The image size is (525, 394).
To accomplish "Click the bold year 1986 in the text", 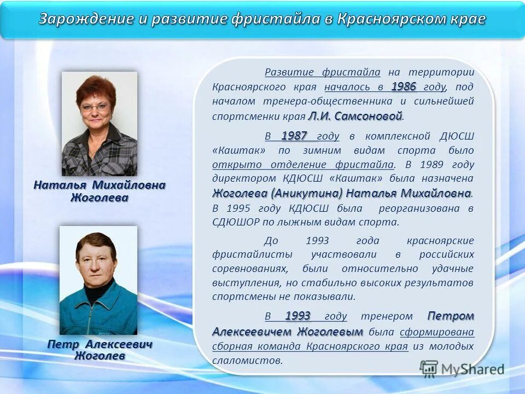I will pyautogui.click(x=404, y=86).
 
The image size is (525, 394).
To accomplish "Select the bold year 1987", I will pyautogui.click(x=294, y=136).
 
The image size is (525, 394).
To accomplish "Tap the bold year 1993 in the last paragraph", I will pyautogui.click(x=297, y=316).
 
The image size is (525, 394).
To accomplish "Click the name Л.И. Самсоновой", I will pyautogui.click(x=355, y=116).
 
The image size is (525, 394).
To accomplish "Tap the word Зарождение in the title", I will pyautogui.click(x=85, y=19).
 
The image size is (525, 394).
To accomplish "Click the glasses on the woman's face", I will pyautogui.click(x=96, y=108).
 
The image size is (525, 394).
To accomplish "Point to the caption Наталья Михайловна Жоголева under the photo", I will pyautogui.click(x=99, y=191).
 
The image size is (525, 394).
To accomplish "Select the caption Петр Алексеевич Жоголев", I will pyautogui.click(x=100, y=350).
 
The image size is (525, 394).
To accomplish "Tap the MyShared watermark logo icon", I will pyautogui.click(x=429, y=368).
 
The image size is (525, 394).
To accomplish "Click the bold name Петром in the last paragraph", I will pyautogui.click(x=451, y=316).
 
